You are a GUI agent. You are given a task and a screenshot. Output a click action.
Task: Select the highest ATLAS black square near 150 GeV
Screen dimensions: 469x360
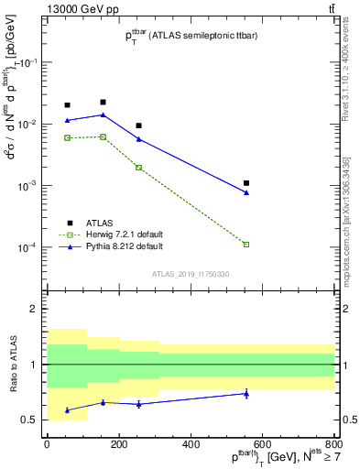(x=103, y=102)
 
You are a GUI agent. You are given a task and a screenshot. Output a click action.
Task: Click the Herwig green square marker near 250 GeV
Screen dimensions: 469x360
(x=138, y=168)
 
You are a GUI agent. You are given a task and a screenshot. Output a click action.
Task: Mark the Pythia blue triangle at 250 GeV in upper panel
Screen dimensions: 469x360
(x=138, y=139)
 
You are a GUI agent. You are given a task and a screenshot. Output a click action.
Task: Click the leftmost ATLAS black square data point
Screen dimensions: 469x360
(x=67, y=105)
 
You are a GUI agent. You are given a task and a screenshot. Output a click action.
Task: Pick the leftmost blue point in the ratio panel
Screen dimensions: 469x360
(x=67, y=410)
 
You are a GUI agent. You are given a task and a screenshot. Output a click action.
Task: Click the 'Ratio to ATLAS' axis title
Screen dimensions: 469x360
(x=11, y=364)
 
